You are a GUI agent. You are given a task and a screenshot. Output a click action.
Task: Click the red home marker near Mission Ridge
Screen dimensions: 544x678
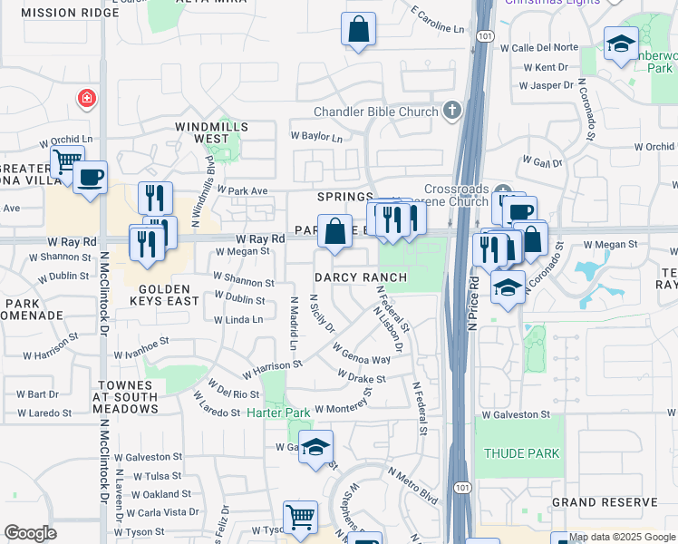point(87,97)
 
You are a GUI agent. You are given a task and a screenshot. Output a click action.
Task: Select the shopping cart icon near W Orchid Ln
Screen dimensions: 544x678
point(66,162)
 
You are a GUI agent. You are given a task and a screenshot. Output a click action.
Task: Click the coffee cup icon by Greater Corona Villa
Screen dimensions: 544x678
point(90,177)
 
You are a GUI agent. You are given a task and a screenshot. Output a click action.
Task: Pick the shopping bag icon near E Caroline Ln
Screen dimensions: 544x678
point(358,28)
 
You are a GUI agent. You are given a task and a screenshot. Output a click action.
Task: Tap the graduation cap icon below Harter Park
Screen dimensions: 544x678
point(315,447)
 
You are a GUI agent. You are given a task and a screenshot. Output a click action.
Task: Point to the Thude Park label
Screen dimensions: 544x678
point(522,452)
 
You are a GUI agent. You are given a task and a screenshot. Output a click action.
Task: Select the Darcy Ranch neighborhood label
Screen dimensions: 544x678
point(354,277)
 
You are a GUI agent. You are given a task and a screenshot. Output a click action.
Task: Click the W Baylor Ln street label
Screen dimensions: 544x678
point(316,138)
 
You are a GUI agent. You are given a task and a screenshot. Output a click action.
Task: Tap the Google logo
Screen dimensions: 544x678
point(30,533)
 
